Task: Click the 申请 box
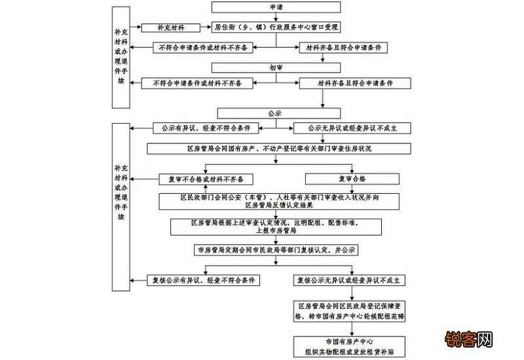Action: tap(277, 7)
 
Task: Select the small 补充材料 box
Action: tap(171, 27)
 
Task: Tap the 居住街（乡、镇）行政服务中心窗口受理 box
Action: tap(277, 27)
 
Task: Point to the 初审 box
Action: tap(277, 67)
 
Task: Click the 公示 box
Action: tap(277, 113)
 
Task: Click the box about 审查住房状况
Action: tap(277, 149)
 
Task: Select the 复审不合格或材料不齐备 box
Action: tap(206, 179)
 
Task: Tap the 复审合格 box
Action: tap(352, 179)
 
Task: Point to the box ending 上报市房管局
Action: tap(277, 226)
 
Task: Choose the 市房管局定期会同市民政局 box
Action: tap(277, 250)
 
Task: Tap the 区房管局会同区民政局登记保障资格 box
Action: tap(352, 311)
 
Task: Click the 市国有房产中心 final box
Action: tap(352, 345)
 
